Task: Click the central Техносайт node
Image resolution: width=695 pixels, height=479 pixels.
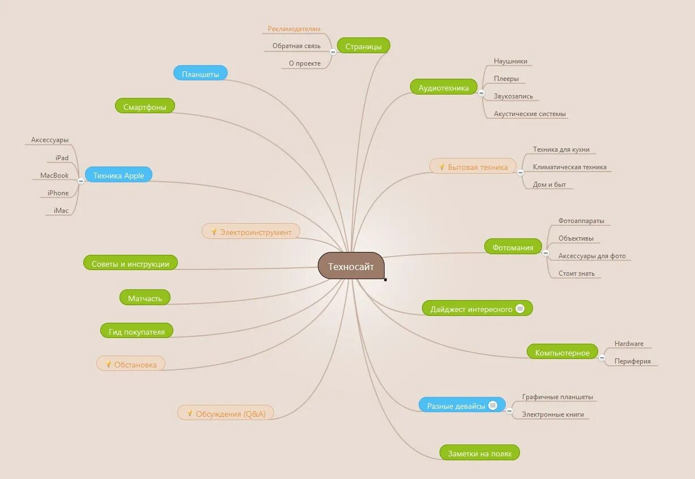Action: [351, 266]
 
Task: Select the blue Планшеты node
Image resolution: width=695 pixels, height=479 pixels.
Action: [200, 74]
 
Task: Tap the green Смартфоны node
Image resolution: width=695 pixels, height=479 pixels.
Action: [145, 106]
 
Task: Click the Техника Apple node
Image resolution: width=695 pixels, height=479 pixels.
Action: [118, 175]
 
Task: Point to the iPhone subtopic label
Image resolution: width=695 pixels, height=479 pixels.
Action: [58, 193]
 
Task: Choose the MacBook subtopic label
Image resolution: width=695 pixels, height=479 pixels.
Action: [54, 176]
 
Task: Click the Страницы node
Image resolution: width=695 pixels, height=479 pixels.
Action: [363, 46]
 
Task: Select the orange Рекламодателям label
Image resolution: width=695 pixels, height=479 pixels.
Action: [294, 29]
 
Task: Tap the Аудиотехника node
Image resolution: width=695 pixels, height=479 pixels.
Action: [444, 88]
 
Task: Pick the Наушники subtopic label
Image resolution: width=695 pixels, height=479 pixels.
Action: [510, 61]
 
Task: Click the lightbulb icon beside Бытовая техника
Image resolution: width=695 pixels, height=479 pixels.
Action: [442, 166]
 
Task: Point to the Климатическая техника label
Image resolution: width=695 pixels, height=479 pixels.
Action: [569, 167]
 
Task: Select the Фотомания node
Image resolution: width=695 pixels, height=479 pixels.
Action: [513, 247]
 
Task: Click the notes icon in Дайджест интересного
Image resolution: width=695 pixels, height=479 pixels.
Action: [520, 309]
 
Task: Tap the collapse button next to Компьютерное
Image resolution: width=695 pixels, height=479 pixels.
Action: [602, 357]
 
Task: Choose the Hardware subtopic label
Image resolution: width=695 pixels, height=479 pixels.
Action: [629, 344]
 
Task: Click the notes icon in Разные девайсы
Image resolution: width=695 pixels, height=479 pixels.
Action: [493, 405]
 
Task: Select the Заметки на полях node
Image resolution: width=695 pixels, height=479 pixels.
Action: [479, 453]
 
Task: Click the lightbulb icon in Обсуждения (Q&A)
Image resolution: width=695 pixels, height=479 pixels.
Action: [190, 413]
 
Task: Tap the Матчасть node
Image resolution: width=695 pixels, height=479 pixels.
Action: [145, 298]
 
